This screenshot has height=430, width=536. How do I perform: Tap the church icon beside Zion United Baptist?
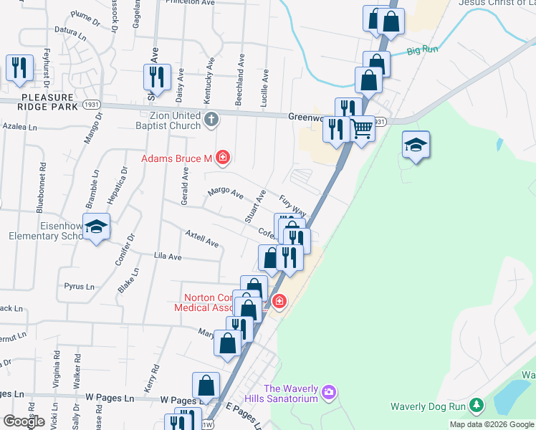tap(211, 120)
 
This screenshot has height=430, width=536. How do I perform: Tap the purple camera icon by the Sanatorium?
tap(329, 392)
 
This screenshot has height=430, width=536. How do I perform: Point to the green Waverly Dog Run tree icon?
tap(476, 406)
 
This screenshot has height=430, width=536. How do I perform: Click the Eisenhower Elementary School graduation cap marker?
tap(97, 228)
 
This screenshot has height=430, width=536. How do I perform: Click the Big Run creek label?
tap(422, 51)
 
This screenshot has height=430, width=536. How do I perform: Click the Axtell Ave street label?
tap(201, 239)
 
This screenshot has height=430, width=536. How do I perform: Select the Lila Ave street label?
tap(168, 256)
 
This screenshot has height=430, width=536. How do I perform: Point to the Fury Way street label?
tap(293, 206)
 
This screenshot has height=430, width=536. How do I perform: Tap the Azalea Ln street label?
tap(19, 126)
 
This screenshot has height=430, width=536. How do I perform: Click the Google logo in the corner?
tap(24, 421)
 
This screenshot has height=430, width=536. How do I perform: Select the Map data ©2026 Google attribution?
tap(492, 424)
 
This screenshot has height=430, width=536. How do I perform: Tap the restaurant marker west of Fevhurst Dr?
tap(19, 68)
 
